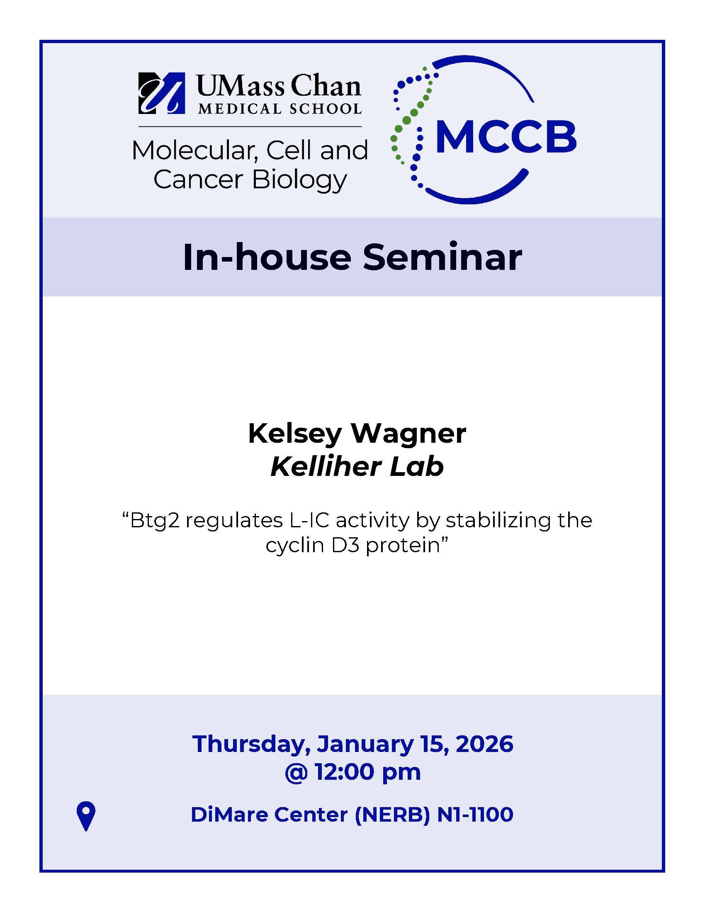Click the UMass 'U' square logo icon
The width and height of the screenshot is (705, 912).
pyautogui.click(x=162, y=93)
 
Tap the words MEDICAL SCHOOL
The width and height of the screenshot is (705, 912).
pyautogui.click(x=280, y=109)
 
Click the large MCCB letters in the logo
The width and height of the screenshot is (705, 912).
pyautogui.click(x=506, y=136)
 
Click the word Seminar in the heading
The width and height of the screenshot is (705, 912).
pyautogui.click(x=442, y=257)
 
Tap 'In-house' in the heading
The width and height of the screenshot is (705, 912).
pyautogui.click(x=267, y=257)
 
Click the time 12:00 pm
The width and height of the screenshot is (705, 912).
pyautogui.click(x=367, y=772)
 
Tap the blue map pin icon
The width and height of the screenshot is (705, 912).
pyautogui.click(x=86, y=816)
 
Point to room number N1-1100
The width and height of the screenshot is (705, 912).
pyautogui.click(x=475, y=815)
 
